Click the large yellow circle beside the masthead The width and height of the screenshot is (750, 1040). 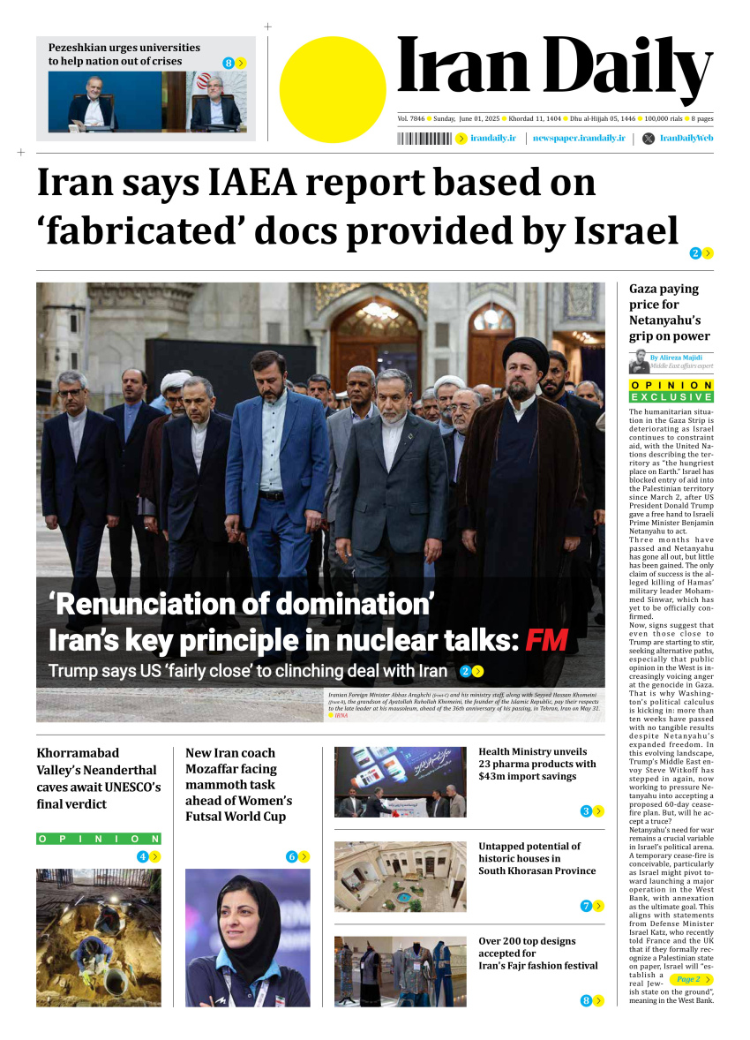pyautogui.click(x=333, y=90)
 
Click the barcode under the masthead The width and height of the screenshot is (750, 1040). pyautogui.click(x=424, y=139)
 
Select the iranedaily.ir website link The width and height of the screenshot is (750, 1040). pyautogui.click(x=492, y=139)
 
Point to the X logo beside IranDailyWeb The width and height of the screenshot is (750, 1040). pyautogui.click(x=649, y=139)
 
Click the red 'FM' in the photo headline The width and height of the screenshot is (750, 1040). pyautogui.click(x=546, y=639)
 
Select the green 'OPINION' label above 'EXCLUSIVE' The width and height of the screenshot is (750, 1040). pyautogui.click(x=671, y=386)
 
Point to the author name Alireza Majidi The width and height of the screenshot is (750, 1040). pyautogui.click(x=681, y=358)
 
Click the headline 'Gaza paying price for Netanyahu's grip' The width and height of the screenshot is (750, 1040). pyautogui.click(x=669, y=312)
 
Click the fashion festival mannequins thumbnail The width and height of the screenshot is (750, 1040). pyautogui.click(x=400, y=970)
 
